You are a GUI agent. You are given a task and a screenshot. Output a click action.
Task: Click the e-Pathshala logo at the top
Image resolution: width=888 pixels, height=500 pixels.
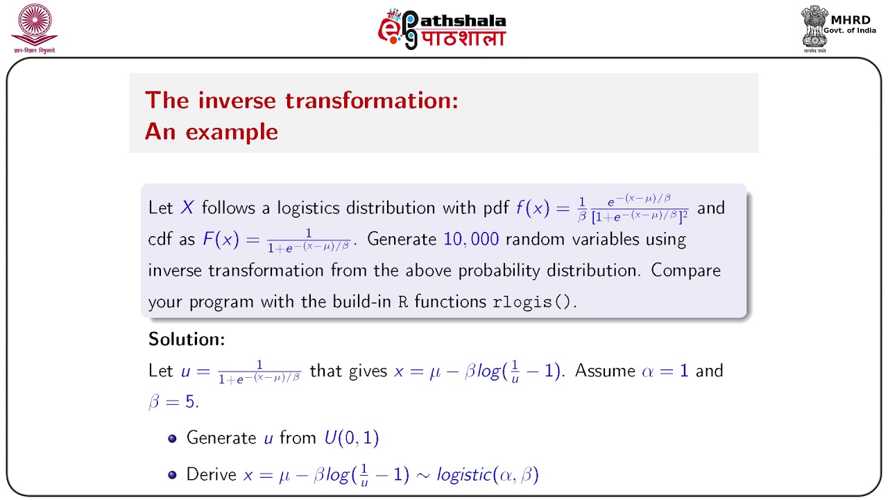[442, 29]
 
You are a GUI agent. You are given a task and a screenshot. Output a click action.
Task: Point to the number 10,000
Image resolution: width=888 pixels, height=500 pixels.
[471, 240]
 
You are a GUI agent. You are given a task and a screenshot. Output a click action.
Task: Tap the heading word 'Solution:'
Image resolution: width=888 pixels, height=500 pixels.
[187, 340]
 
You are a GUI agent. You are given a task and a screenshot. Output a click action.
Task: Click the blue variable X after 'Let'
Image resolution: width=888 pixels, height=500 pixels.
[187, 208]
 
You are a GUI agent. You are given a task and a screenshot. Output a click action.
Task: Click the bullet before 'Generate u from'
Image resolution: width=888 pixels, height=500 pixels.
[173, 439]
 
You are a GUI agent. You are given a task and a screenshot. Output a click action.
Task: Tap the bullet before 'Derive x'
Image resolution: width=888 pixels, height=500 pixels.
[173, 476]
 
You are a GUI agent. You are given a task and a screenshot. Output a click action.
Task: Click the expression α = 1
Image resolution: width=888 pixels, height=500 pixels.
[665, 371]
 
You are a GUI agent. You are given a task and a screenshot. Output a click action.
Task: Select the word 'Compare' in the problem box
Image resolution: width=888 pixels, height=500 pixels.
[685, 270]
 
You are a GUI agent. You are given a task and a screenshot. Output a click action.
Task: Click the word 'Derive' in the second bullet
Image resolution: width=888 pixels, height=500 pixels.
[212, 475]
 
